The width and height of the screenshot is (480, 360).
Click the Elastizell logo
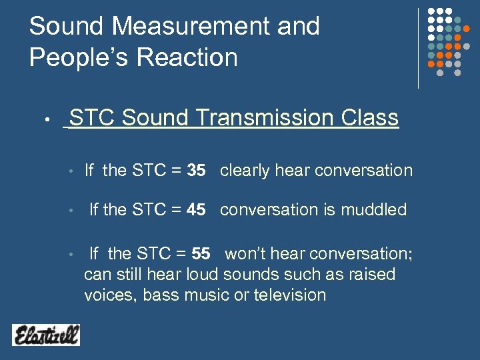tap(45, 334)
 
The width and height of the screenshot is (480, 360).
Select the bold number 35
tap(196, 171)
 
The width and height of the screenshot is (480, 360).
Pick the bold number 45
tap(196, 210)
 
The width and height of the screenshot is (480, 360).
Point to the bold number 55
tap(201, 254)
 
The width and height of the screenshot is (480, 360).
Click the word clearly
tap(244, 171)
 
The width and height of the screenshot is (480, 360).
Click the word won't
tap(245, 254)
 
